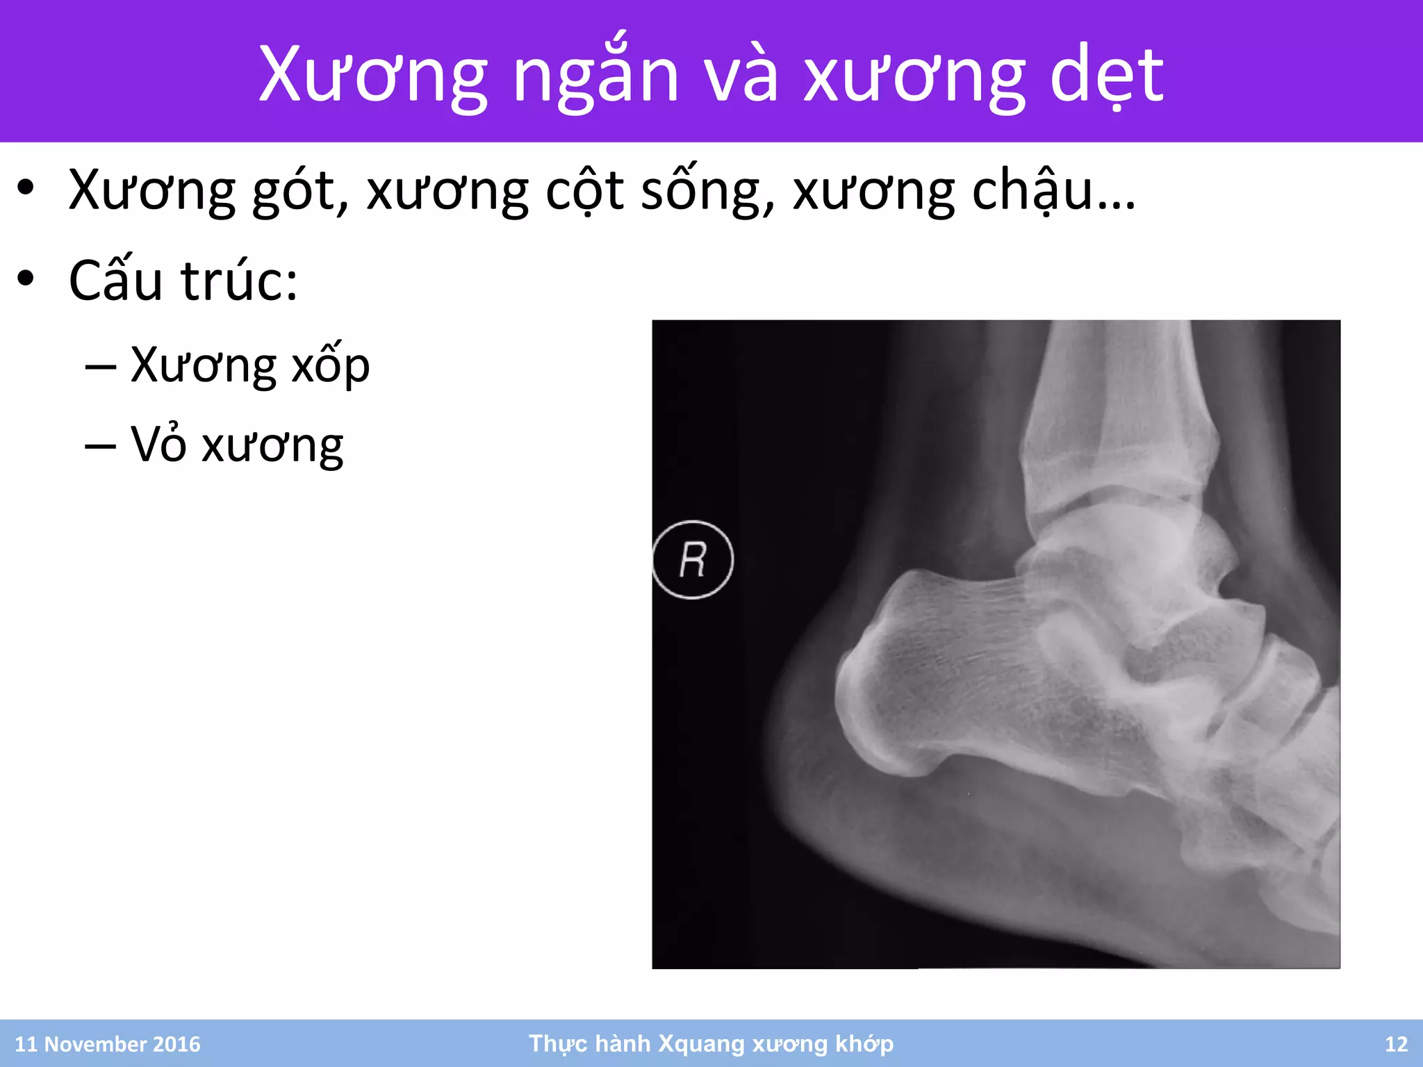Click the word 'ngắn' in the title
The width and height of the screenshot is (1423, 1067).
[x=595, y=75]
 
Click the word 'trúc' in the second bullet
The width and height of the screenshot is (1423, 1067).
[x=239, y=281]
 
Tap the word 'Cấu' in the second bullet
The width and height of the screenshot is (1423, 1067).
[x=115, y=281]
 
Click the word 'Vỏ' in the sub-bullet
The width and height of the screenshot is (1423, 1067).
[x=158, y=445]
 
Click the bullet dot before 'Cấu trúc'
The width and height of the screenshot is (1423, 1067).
[x=26, y=279]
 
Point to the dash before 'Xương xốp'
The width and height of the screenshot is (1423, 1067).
[x=100, y=367]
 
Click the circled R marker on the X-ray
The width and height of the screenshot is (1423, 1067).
[x=692, y=560]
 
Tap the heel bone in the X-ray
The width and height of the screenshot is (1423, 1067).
[x=959, y=688]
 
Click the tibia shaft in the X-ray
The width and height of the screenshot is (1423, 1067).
[x=1119, y=389]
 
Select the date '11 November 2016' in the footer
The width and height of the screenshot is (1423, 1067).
[x=108, y=1044]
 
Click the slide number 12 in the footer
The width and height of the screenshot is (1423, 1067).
[x=1396, y=1044]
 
